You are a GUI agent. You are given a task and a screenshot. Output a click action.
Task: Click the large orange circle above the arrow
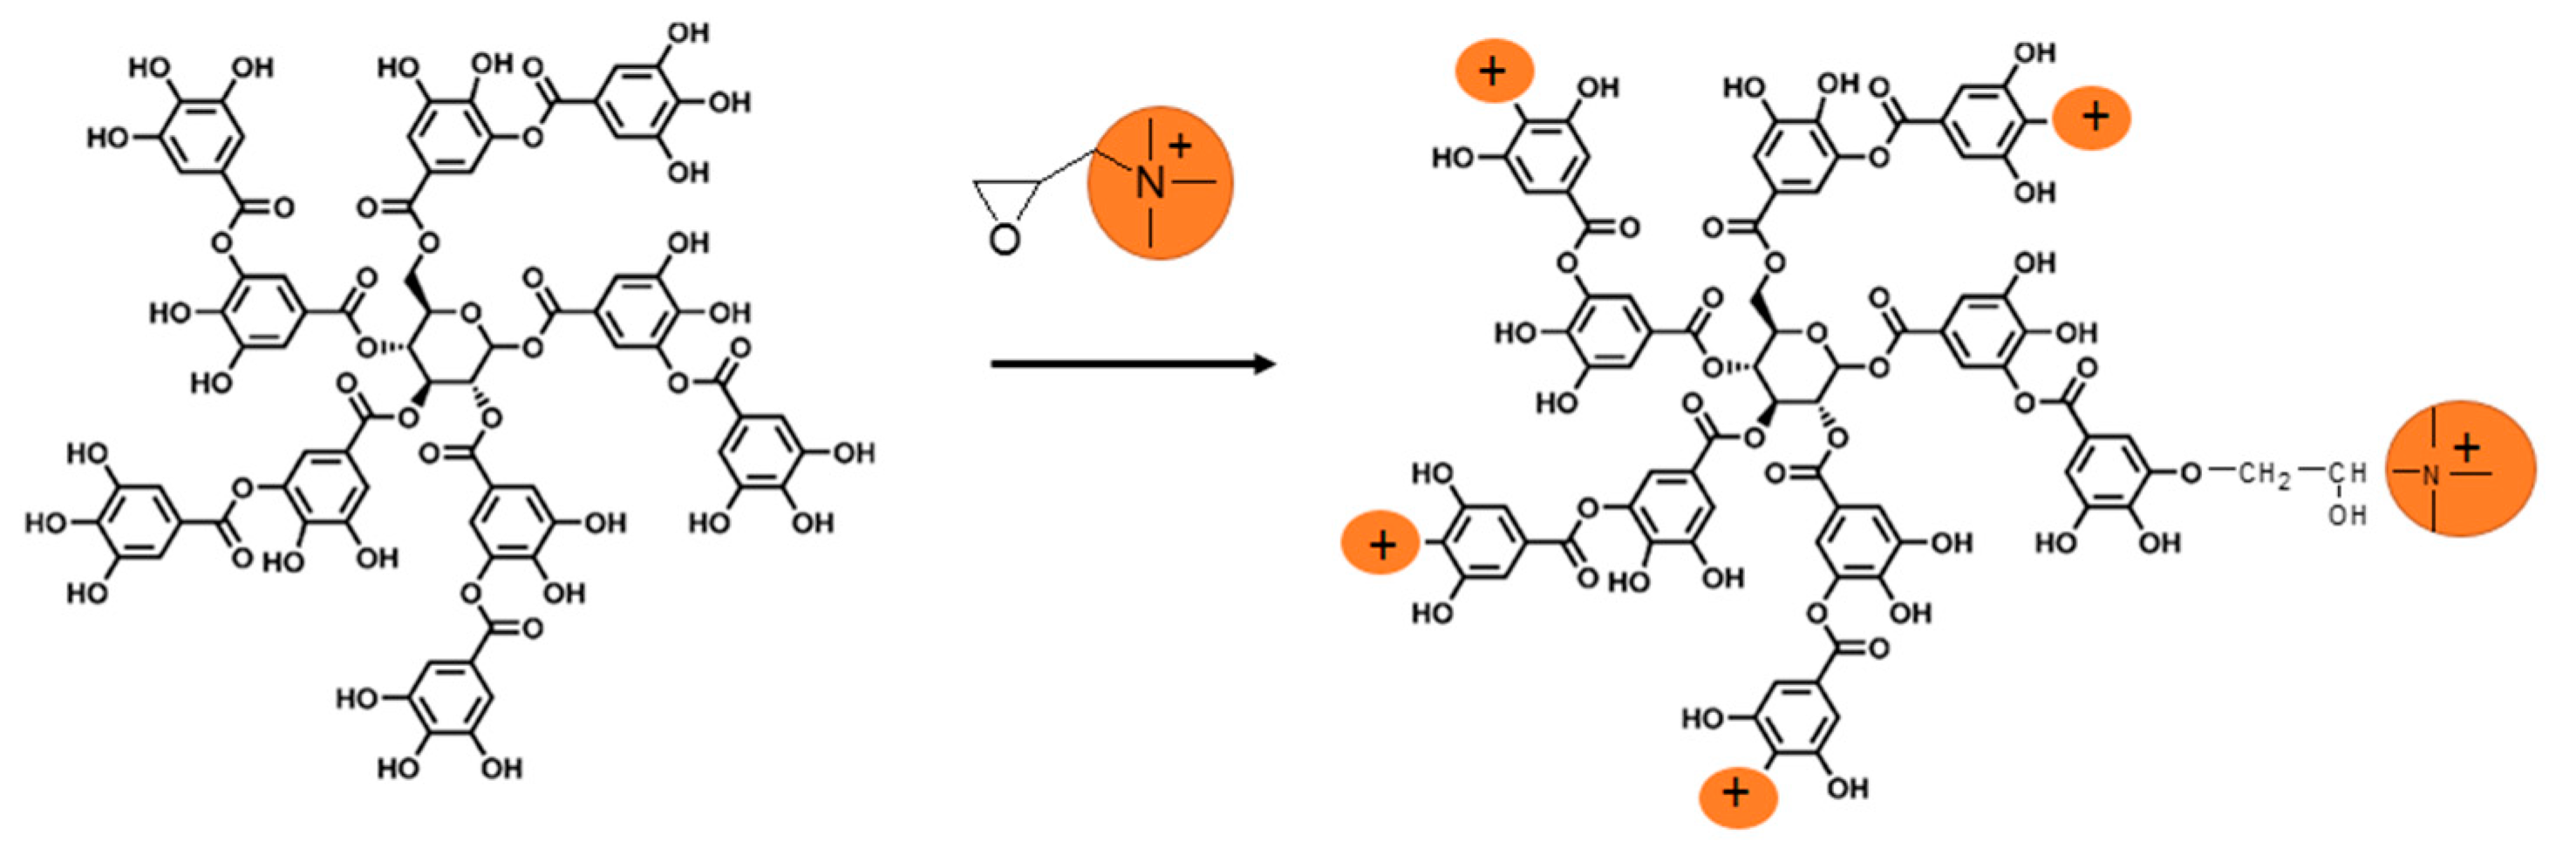pos(1160,184)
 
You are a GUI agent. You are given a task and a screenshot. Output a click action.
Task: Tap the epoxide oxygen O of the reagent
pos(1004,239)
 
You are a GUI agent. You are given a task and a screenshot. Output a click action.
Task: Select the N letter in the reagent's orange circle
pos(1149,182)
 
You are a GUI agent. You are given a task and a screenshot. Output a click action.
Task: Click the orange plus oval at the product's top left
pos(1493,71)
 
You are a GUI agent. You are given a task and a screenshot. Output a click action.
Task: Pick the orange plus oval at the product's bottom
pos(1737,792)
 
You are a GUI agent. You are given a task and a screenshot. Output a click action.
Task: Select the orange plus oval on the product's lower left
pos(1381,544)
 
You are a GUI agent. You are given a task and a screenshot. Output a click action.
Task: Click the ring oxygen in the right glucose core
pos(1816,333)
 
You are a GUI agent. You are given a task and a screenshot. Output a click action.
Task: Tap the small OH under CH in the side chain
pos(2348,515)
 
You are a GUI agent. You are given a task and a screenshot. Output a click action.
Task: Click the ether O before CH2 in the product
pos(2191,473)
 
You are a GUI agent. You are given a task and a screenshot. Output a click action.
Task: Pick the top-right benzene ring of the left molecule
pos(635,102)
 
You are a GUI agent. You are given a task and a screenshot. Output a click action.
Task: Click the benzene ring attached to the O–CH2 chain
pos(2108,473)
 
